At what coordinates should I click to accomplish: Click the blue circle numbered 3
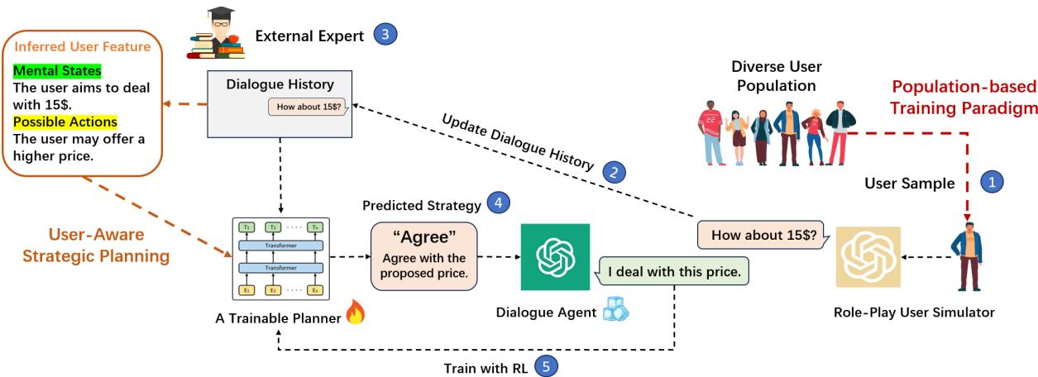[x=385, y=35]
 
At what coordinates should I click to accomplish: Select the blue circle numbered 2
[x=615, y=172]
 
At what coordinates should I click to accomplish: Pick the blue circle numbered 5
[x=547, y=365]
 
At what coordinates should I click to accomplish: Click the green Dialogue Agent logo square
[x=553, y=257]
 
